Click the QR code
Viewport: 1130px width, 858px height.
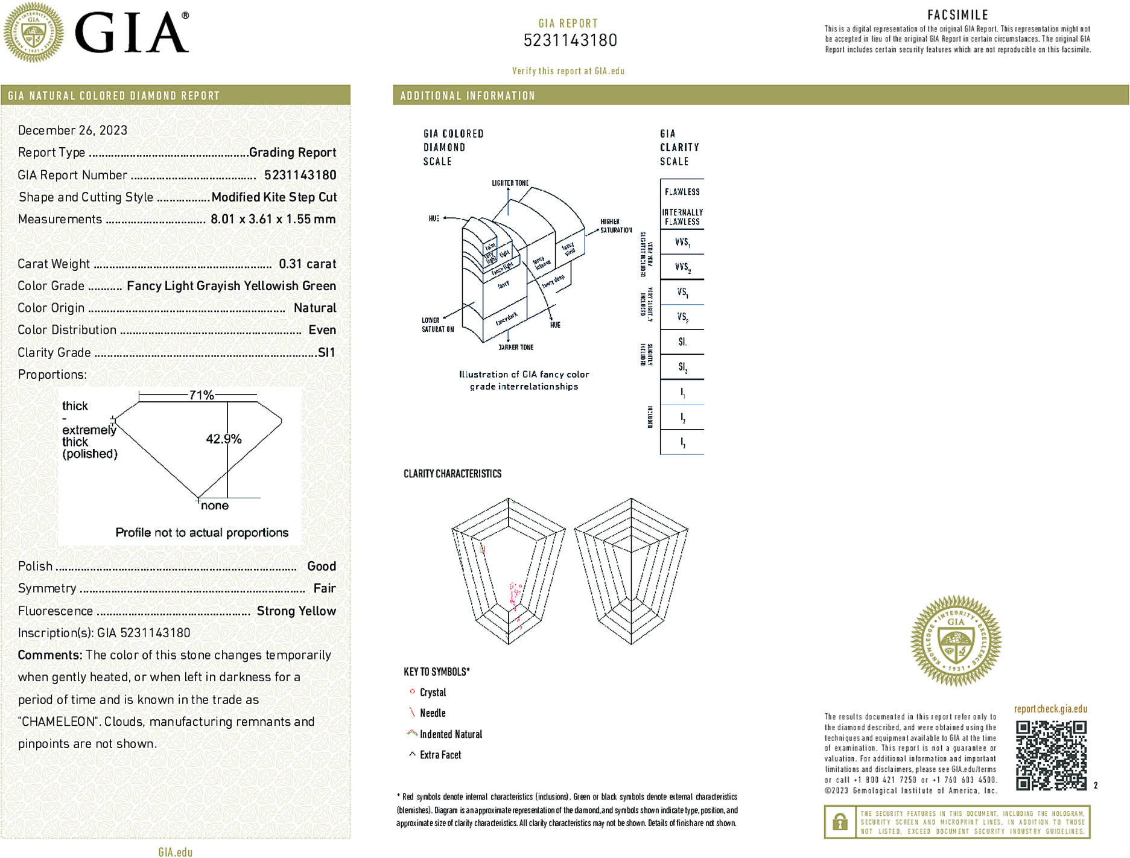pyautogui.click(x=1050, y=755)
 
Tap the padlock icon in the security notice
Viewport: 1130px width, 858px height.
pyautogui.click(x=840, y=822)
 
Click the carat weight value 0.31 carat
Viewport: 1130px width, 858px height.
pyautogui.click(x=307, y=264)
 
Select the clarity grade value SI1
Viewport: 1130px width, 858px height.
pyautogui.click(x=326, y=352)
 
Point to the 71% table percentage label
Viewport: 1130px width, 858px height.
pyautogui.click(x=202, y=395)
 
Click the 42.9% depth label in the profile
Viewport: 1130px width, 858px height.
pyautogui.click(x=223, y=439)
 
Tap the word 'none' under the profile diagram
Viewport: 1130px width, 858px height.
pyautogui.click(x=215, y=506)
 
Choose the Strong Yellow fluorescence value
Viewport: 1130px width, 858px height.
pyautogui.click(x=296, y=611)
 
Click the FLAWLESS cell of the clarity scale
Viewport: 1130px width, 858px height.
pyautogui.click(x=682, y=192)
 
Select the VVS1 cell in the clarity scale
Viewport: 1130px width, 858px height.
pyautogui.click(x=682, y=242)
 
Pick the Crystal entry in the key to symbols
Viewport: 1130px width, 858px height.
pyautogui.click(x=433, y=693)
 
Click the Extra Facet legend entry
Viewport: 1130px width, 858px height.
pyautogui.click(x=440, y=755)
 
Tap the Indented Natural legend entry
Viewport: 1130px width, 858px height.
pyautogui.click(x=451, y=734)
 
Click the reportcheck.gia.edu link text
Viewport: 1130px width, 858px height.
pyautogui.click(x=1050, y=709)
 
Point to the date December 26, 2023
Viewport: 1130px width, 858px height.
pyautogui.click(x=72, y=130)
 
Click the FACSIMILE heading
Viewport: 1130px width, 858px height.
pyautogui.click(x=957, y=15)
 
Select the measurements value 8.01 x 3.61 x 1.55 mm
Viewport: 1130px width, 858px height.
pyautogui.click(x=273, y=219)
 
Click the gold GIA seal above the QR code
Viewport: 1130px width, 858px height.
pyautogui.click(x=956, y=640)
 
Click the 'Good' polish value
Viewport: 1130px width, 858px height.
pyautogui.click(x=321, y=566)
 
